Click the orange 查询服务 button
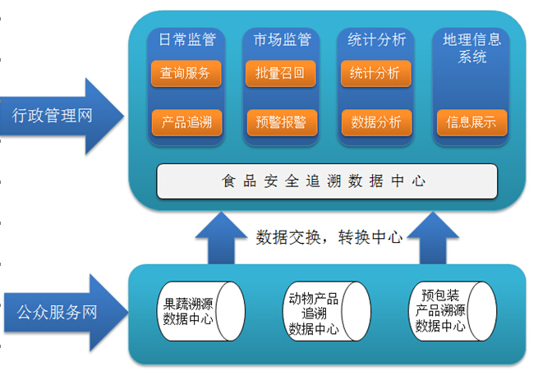(186, 73)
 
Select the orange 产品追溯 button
(186, 122)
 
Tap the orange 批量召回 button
(280, 73)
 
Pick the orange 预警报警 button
(280, 122)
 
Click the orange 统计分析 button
(375, 73)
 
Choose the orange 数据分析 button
(375, 122)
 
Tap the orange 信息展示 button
(471, 122)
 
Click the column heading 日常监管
(186, 39)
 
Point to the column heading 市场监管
(280, 39)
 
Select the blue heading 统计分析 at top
(375, 39)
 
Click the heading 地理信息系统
(471, 48)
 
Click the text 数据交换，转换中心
(329, 237)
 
